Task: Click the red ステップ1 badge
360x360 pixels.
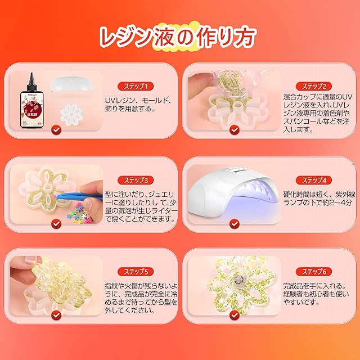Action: tap(136, 86)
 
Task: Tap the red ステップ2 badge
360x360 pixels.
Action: tap(314, 86)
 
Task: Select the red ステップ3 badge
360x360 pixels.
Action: tap(136, 180)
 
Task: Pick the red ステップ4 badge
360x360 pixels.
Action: tap(314, 180)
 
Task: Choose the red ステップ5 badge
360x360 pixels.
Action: tap(136, 272)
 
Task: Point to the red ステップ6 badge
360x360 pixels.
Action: tap(314, 272)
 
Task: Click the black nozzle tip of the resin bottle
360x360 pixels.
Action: tap(31, 74)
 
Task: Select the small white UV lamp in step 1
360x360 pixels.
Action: tap(71, 85)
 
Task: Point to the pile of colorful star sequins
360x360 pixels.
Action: tap(80, 216)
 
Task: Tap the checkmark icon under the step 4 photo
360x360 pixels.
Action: tap(235, 224)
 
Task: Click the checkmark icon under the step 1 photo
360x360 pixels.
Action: tap(56, 130)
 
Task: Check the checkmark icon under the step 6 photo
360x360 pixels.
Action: tap(235, 315)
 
